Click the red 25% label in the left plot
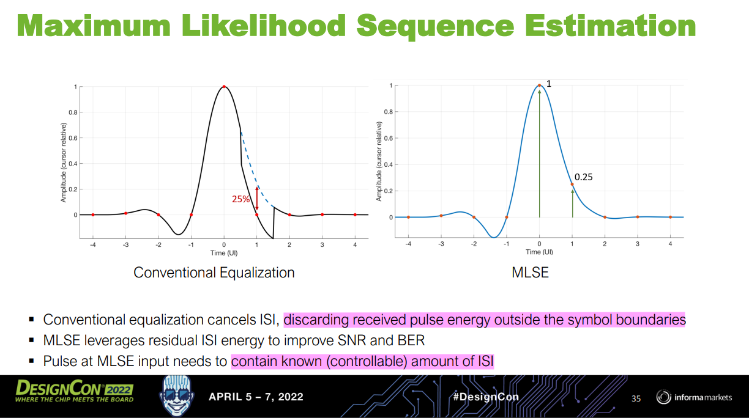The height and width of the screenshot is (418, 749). pos(240,199)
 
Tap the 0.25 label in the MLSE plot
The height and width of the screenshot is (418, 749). pos(583,177)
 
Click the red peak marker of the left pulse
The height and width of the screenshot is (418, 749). pos(224,87)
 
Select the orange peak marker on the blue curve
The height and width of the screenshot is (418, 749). pos(539,86)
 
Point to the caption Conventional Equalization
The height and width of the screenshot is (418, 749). pos(214,273)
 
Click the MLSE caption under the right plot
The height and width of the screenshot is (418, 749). pos(530,273)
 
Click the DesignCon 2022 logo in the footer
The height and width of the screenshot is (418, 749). pos(74,392)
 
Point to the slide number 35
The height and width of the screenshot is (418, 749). pos(636,398)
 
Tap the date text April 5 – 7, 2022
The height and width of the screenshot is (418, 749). pos(256,397)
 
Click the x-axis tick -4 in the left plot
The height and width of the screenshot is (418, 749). pos(93,245)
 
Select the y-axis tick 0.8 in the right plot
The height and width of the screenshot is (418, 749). pos(388,112)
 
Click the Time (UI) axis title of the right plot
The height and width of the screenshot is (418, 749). pos(538,252)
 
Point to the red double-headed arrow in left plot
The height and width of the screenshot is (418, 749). pos(257,199)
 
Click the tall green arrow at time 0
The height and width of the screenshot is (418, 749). pos(539,153)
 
